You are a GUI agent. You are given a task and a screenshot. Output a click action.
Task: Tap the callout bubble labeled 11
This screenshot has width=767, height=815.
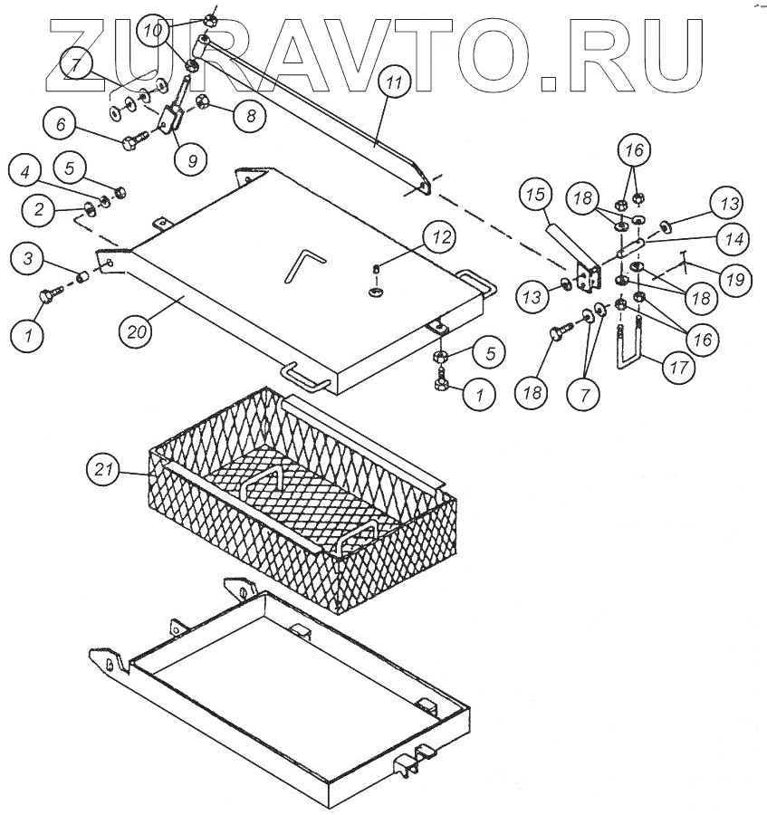[392, 84]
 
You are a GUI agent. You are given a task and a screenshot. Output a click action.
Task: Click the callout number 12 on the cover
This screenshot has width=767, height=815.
[441, 239]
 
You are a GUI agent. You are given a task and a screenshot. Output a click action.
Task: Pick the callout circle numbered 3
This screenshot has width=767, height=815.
[28, 261]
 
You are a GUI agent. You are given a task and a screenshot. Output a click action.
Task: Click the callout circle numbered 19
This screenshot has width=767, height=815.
[735, 280]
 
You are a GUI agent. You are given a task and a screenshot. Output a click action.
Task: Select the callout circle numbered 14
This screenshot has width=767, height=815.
[733, 240]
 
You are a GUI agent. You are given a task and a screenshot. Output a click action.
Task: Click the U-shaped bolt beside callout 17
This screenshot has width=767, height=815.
[632, 349]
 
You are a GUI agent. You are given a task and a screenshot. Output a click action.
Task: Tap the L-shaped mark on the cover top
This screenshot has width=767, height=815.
[302, 265]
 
